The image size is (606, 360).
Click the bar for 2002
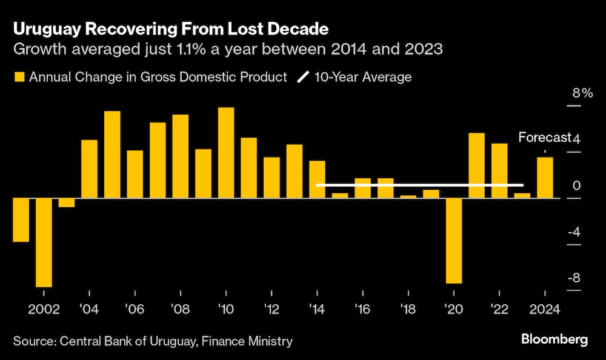tap(44, 242)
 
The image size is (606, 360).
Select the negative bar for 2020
tap(454, 241)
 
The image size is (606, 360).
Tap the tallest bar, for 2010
tap(226, 153)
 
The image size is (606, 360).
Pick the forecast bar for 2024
tap(545, 178)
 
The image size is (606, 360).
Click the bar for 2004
tap(89, 169)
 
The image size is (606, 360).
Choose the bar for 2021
tap(477, 165)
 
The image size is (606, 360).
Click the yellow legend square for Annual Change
tap(18, 77)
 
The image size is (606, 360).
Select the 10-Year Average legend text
tap(363, 77)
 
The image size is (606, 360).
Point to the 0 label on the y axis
tap(576, 186)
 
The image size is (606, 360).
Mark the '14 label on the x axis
tap(317, 308)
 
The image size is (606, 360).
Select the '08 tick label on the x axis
tap(181, 308)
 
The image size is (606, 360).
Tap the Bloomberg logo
tap(553, 339)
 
